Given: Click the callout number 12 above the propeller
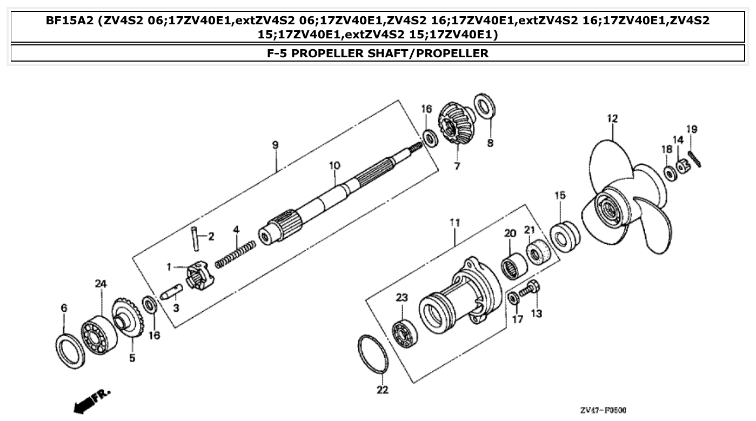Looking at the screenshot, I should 612,118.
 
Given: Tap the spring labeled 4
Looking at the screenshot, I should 235,255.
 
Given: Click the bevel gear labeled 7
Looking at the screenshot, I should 456,124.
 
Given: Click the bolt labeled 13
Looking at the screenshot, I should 528,290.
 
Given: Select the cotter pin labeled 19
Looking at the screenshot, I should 695,158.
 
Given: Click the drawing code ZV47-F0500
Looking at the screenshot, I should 603,410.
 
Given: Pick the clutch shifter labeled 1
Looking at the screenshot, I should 197,275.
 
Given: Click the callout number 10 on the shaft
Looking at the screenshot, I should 334,165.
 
